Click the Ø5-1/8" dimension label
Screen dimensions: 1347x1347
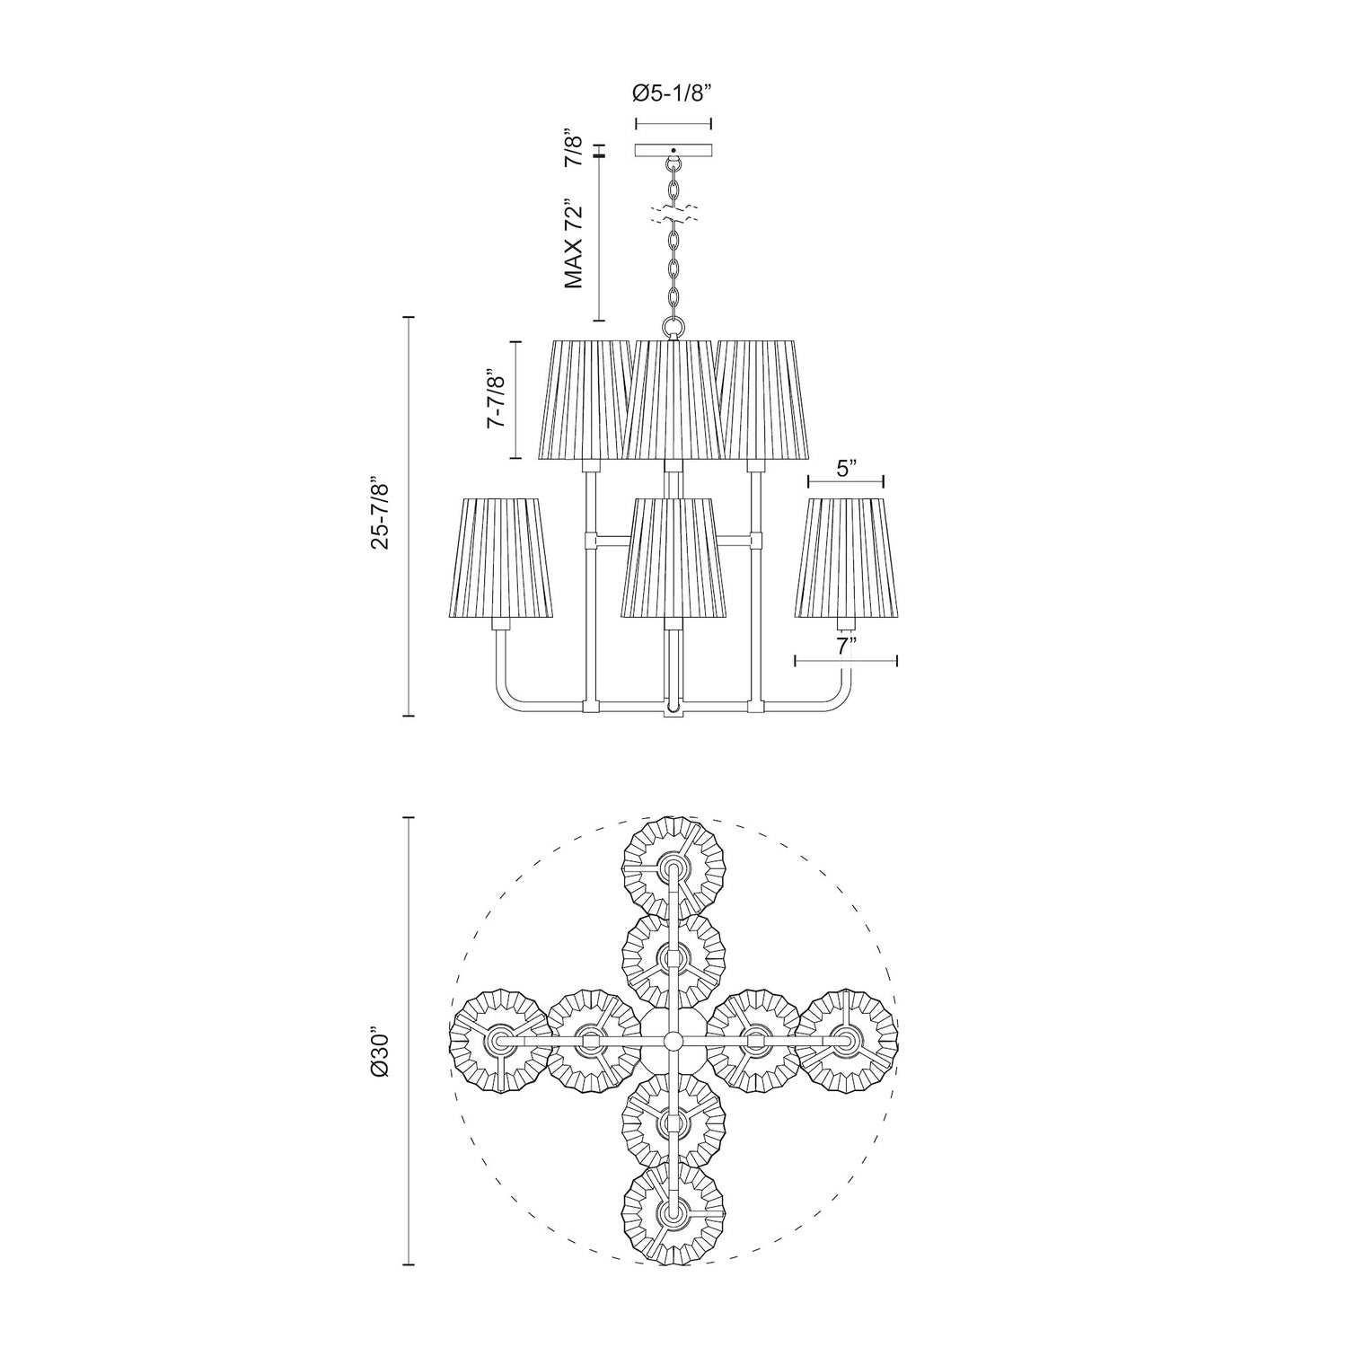pyautogui.click(x=673, y=92)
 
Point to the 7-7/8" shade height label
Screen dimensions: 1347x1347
pyautogui.click(x=497, y=401)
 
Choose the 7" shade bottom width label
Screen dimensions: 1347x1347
pyautogui.click(x=846, y=645)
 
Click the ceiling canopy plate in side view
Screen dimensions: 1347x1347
pyautogui.click(x=673, y=151)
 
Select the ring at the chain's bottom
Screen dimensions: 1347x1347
pyautogui.click(x=673, y=327)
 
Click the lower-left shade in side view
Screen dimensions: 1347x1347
pyautogui.click(x=499, y=557)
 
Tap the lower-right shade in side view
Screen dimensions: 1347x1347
pyautogui.click(x=846, y=557)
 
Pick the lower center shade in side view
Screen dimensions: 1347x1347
pyautogui.click(x=673, y=557)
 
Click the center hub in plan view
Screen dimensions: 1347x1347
pyautogui.click(x=673, y=1041)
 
